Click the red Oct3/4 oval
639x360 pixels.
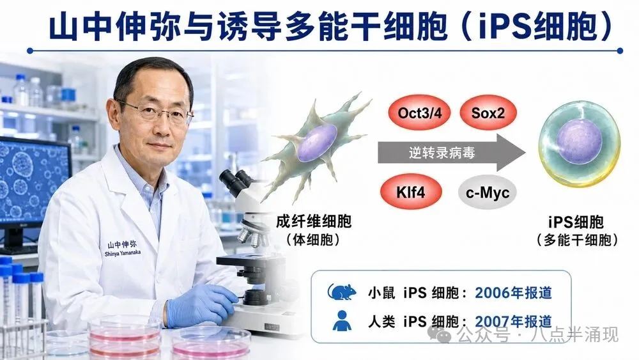click(x=419, y=113)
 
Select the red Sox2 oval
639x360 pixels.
click(x=488, y=113)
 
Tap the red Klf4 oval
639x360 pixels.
click(x=411, y=192)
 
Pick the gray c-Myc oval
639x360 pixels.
click(x=488, y=192)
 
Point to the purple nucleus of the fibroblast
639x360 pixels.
click(x=317, y=143)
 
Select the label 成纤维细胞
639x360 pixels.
click(x=313, y=222)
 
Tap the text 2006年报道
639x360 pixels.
click(x=514, y=293)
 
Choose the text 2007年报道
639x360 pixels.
click(x=514, y=322)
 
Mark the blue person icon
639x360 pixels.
click(x=342, y=320)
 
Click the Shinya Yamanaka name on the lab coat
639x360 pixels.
click(x=123, y=253)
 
